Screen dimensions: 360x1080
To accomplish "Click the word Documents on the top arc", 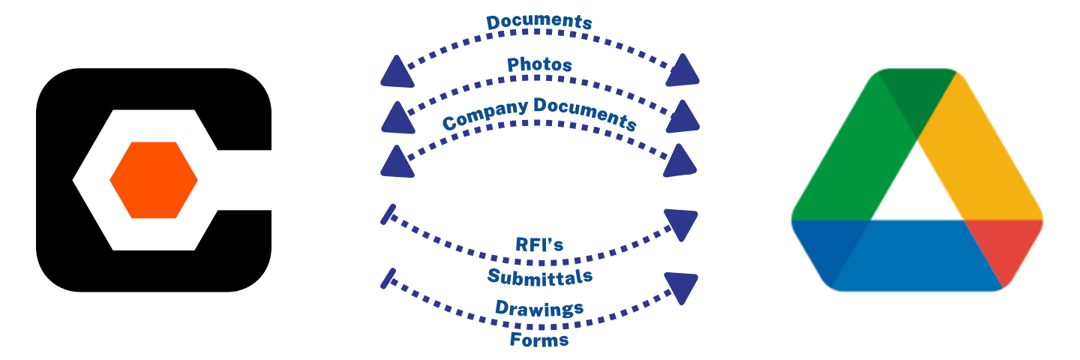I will tap(539, 22).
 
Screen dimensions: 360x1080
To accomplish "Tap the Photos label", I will tap(539, 65).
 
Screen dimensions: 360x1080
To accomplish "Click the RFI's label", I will tap(540, 245).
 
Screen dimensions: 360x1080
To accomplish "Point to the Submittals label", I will tap(540, 277).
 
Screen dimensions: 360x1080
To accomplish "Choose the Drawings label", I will tap(539, 307).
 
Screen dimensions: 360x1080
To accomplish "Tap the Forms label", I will tap(539, 340).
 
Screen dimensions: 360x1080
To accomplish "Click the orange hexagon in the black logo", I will tap(154, 180).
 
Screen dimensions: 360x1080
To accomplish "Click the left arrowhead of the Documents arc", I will tap(396, 73).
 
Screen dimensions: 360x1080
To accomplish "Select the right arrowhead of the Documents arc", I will tap(682, 70).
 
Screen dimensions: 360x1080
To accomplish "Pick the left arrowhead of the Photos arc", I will tap(396, 116).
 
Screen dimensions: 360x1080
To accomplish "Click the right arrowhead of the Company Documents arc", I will tap(682, 160).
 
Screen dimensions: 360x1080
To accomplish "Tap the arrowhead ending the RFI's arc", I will tap(682, 223).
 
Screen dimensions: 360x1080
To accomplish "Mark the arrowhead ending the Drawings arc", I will tap(682, 286).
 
